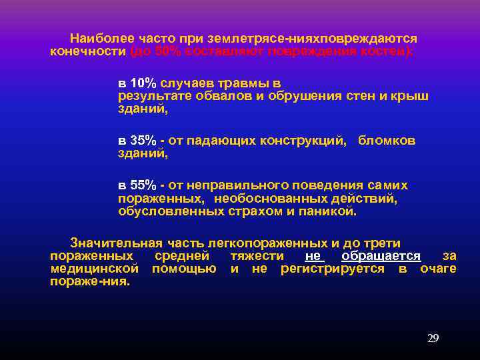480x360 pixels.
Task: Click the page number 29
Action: pyautogui.click(x=433, y=338)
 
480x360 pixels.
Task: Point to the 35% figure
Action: pyautogui.click(x=143, y=141)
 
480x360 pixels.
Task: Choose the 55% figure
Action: pyautogui.click(x=143, y=185)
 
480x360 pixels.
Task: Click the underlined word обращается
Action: pyautogui.click(x=381, y=256)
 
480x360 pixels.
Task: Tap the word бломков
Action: pyautogui.click(x=387, y=141)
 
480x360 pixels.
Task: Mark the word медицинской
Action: pyautogui.click(x=94, y=269)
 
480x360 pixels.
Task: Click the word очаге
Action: pyautogui.click(x=438, y=269)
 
